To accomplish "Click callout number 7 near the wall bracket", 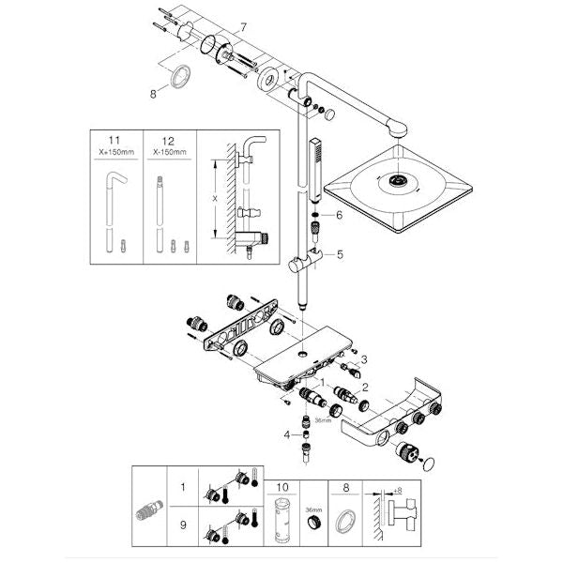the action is pyautogui.click(x=243, y=27).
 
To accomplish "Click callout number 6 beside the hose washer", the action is pyautogui.click(x=339, y=215).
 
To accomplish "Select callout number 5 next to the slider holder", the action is pyautogui.click(x=340, y=254).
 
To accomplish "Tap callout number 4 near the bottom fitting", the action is pyautogui.click(x=286, y=435).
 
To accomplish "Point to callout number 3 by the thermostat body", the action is pyautogui.click(x=364, y=359).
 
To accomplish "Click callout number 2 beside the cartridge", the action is pyautogui.click(x=365, y=387).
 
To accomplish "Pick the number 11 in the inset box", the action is pyautogui.click(x=114, y=141).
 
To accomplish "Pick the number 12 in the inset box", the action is pyautogui.click(x=168, y=141).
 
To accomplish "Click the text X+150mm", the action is pyautogui.click(x=116, y=152).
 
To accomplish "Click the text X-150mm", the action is pyautogui.click(x=170, y=152).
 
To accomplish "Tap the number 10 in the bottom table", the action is pyautogui.click(x=282, y=487).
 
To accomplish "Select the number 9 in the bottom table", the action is pyautogui.click(x=183, y=525).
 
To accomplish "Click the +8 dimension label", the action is pyautogui.click(x=398, y=490).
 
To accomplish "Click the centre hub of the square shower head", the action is pyautogui.click(x=397, y=179).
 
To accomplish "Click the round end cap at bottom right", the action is pyautogui.click(x=429, y=464).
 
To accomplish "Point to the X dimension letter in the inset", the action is pyautogui.click(x=215, y=199).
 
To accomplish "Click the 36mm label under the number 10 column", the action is pyautogui.click(x=313, y=510).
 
